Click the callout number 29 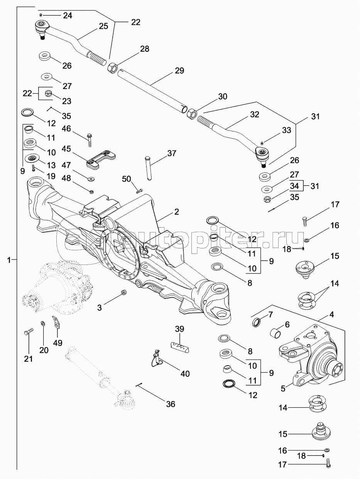point(179,71)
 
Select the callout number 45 point(67,149)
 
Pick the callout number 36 point(170,404)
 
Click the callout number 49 point(57,342)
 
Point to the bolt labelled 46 point(90,139)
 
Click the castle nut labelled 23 point(49,93)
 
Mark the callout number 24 point(68,16)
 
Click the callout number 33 point(286,130)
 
